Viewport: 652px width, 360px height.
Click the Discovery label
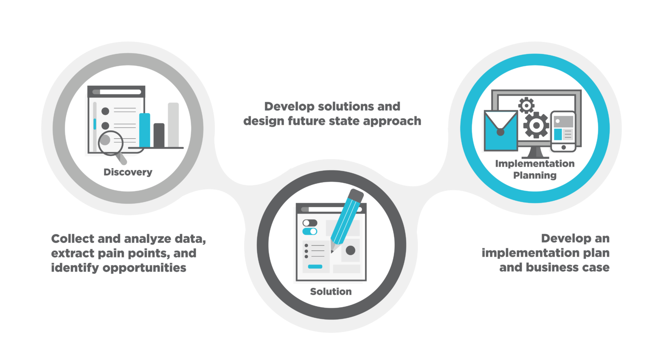coord(128,172)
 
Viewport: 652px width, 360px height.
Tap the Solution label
coord(331,291)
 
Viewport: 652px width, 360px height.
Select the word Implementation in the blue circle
coord(535,163)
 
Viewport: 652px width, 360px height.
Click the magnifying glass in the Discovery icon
coord(112,146)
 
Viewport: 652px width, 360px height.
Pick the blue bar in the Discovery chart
coord(144,130)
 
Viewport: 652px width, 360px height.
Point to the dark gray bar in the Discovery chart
coord(159,135)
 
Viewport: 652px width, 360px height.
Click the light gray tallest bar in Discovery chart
coord(173,125)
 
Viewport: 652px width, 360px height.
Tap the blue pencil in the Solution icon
coord(346,220)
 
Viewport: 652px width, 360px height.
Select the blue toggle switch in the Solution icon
coord(310,231)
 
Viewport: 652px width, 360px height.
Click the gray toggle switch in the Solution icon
coord(310,223)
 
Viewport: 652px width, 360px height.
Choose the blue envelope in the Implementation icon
coord(501,130)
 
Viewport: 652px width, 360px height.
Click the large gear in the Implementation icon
coord(536,125)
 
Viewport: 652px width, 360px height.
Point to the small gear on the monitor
coord(526,105)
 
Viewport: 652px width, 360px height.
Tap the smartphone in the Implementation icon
coord(563,131)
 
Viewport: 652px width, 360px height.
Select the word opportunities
coord(144,268)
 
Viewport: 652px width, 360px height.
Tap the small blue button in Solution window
coord(315,267)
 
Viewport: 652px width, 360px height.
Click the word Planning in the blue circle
coord(535,175)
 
